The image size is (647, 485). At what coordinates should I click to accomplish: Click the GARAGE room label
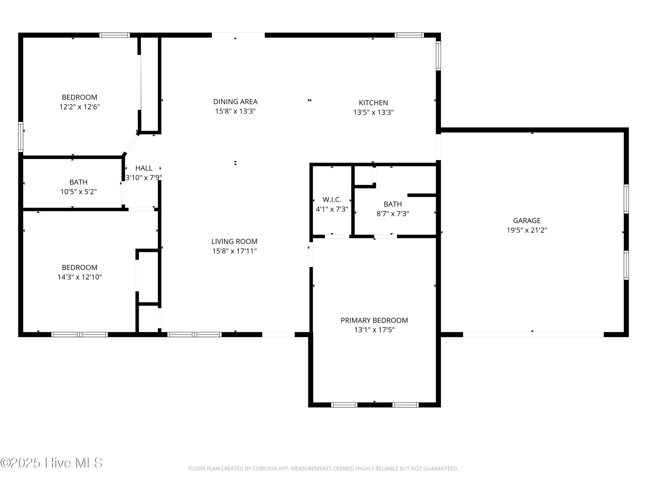pyautogui.click(x=527, y=221)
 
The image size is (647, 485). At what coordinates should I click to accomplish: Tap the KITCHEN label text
pyautogui.click(x=373, y=103)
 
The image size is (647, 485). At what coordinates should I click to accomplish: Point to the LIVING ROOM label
pyautogui.click(x=234, y=241)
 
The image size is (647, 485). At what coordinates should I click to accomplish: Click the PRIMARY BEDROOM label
pyautogui.click(x=374, y=320)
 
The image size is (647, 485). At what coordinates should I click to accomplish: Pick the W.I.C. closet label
pyautogui.click(x=332, y=200)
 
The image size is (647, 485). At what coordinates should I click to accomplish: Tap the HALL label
pyautogui.click(x=144, y=168)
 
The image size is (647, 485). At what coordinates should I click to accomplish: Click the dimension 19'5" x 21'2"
pyautogui.click(x=527, y=230)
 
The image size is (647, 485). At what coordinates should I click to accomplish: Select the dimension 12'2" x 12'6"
pyautogui.click(x=80, y=107)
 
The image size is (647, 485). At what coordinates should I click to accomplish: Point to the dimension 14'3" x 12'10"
pyautogui.click(x=80, y=277)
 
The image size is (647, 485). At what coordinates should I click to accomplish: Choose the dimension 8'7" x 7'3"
pyautogui.click(x=393, y=214)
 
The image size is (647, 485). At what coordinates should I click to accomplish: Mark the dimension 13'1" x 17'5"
pyautogui.click(x=374, y=330)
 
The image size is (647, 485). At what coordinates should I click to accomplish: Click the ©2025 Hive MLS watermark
pyautogui.click(x=52, y=463)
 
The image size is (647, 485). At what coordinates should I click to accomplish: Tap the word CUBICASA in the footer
pyautogui.click(x=264, y=469)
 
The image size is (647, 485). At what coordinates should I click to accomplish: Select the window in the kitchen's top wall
pyautogui.click(x=409, y=35)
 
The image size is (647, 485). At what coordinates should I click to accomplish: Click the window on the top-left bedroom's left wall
pyautogui.click(x=20, y=137)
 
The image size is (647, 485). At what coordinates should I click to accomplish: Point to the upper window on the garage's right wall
pyautogui.click(x=626, y=199)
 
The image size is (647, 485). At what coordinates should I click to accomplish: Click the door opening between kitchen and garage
pyautogui.click(x=438, y=147)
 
